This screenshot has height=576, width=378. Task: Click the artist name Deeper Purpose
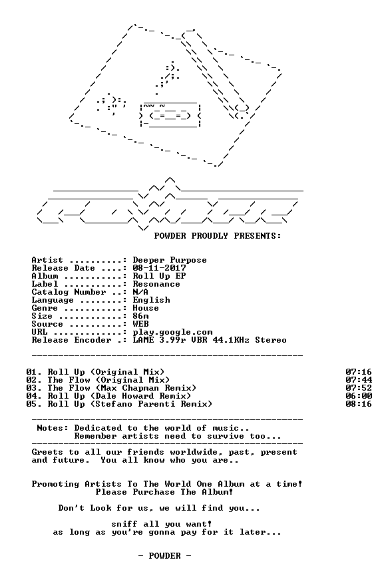170,260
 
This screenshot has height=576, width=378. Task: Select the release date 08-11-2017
159,268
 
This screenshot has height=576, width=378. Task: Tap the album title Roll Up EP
159,276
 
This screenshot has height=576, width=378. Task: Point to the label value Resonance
156,284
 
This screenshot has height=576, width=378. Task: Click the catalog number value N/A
140,292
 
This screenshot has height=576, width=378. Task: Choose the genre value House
146,308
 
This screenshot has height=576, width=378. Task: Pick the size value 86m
141,316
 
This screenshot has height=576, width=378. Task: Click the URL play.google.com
172,333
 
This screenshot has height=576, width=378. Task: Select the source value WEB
141,324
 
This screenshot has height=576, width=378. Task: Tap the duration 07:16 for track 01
359,372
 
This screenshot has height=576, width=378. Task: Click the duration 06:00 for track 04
359,396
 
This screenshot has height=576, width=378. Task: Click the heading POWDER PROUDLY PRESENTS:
218,236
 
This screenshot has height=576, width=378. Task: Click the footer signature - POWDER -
164,556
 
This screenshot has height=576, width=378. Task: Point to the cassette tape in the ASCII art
170,115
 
